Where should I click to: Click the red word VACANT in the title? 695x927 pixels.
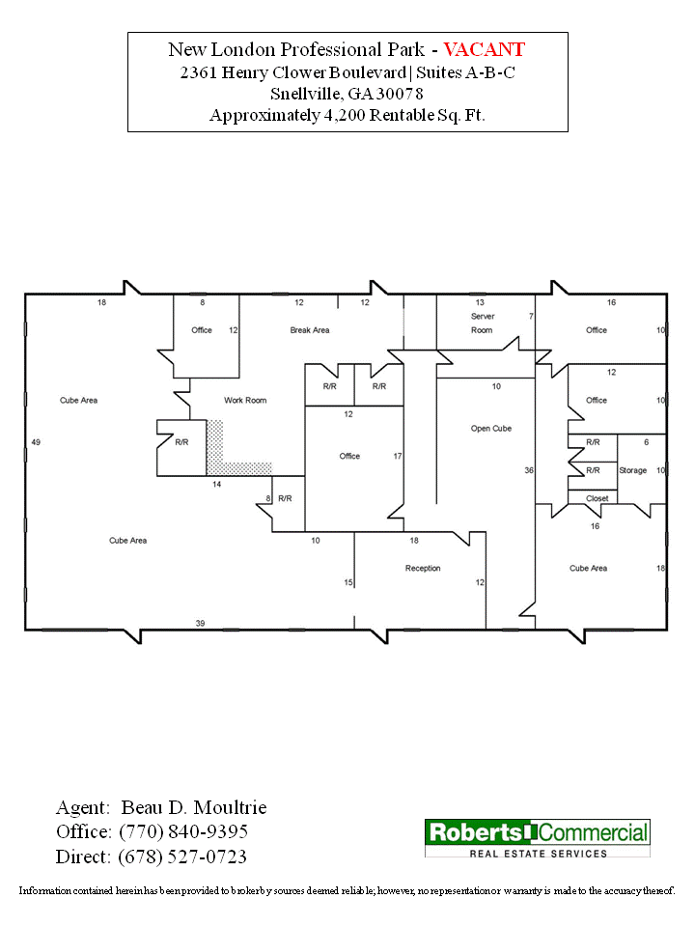[485, 49]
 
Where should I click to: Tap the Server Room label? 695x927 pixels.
[482, 323]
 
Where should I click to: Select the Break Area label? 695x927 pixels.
[310, 330]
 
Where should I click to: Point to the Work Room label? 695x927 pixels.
[245, 400]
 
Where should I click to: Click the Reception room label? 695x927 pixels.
[423, 568]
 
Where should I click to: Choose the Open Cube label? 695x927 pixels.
[490, 428]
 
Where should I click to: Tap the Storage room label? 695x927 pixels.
[633, 470]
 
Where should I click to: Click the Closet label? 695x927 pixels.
[597, 498]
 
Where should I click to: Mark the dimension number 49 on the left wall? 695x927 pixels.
[36, 441]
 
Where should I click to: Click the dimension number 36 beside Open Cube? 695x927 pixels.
[529, 470]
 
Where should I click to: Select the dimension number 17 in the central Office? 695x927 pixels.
[397, 456]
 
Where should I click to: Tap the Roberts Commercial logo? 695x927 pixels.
[538, 838]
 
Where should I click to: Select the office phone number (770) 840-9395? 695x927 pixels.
[183, 831]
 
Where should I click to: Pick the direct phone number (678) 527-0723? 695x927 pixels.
[182, 857]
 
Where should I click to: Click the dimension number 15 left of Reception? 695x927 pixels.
[348, 582]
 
